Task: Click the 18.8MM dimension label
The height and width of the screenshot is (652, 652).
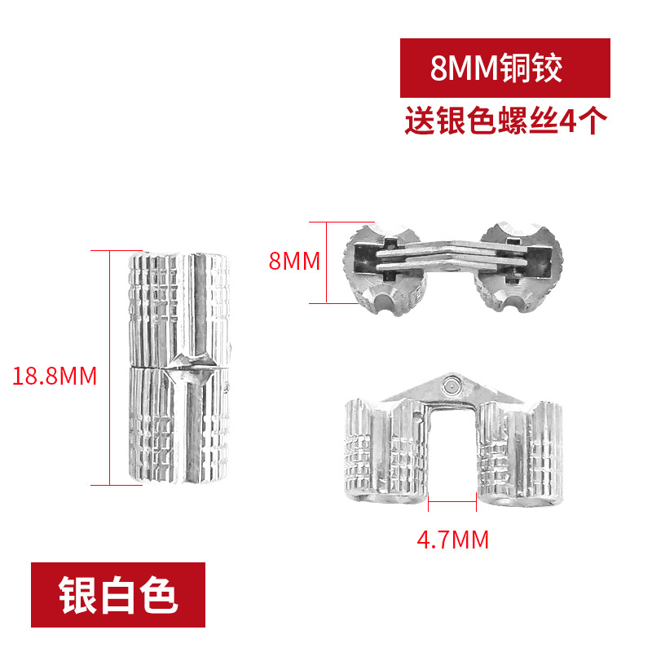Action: click(x=55, y=376)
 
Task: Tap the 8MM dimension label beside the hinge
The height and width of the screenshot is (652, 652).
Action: click(x=293, y=262)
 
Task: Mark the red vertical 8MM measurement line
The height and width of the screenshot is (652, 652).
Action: click(x=326, y=262)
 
